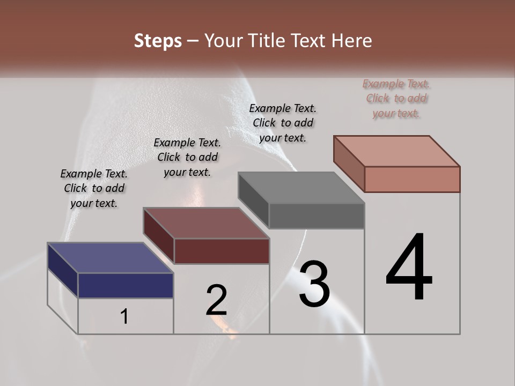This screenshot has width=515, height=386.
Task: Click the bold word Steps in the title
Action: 158,41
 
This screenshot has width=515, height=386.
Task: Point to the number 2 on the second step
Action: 217,300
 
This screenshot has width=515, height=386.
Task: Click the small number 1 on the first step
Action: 124,317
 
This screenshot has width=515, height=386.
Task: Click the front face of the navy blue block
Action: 126,285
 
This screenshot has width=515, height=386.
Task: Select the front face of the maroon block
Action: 222,251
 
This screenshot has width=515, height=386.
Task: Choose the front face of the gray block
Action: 317,216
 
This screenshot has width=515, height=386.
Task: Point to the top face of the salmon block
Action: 396,151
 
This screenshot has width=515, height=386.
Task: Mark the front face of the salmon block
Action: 412,179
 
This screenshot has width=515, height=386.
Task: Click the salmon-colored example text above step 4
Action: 396,98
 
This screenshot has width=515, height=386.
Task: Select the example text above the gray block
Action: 283,123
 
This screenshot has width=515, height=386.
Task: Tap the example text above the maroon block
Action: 187,157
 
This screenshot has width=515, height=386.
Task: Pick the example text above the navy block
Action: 94,188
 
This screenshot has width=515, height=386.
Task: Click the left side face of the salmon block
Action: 349,164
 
